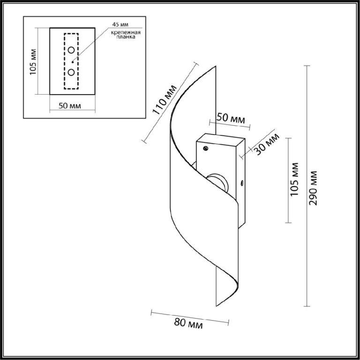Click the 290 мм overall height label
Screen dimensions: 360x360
pyautogui.click(x=313, y=188)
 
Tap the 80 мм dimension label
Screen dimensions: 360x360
pyautogui.click(x=188, y=324)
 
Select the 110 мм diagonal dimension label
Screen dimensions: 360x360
pyautogui.click(x=165, y=100)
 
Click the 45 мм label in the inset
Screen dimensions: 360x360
pyautogui.click(x=120, y=24)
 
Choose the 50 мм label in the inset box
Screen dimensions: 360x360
pyautogui.click(x=70, y=106)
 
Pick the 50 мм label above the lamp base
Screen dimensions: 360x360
pyautogui.click(x=231, y=119)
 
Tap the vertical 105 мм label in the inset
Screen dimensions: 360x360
pyautogui.click(x=33, y=62)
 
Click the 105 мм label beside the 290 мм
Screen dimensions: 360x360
pyautogui.click(x=294, y=180)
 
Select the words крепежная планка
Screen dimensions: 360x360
pyautogui.click(x=126, y=34)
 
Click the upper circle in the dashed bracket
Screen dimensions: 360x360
pyautogui.click(x=71, y=50)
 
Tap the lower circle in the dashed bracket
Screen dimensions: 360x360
pyautogui.click(x=71, y=72)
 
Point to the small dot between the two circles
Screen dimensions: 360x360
pyautogui.click(x=73, y=62)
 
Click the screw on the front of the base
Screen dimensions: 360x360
pyautogui.click(x=206, y=149)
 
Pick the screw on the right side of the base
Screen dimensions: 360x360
pyautogui.click(x=241, y=183)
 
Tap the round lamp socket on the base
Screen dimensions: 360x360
pyautogui.click(x=218, y=182)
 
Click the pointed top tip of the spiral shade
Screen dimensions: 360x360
pyautogui.click(x=216, y=66)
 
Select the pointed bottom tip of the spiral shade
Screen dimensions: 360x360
pyautogui.click(x=216, y=306)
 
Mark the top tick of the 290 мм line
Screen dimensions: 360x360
pyautogui.click(x=307, y=66)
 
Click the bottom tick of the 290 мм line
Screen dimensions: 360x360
pyautogui.click(x=307, y=306)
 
